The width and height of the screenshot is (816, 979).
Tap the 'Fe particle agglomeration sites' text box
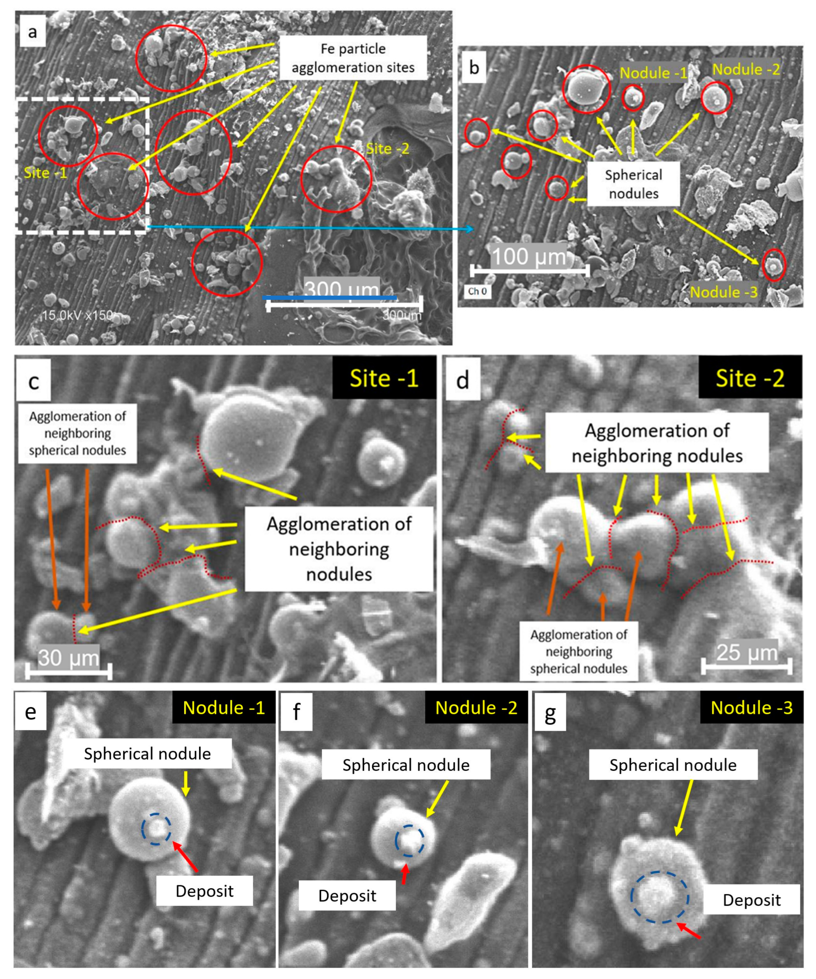point(353,58)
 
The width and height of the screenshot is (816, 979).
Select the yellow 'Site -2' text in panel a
point(387,149)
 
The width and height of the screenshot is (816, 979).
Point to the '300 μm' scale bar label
point(341,289)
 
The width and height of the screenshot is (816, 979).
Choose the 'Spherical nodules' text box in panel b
point(633,184)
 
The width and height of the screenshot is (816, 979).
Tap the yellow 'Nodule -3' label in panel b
point(724,292)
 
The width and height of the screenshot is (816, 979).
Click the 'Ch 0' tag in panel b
point(478,291)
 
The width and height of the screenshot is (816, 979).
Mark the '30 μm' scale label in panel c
point(69,658)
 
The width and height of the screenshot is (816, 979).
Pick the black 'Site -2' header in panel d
point(750,378)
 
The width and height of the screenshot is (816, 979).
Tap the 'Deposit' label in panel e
point(204,891)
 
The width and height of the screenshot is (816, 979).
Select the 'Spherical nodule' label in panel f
point(406,765)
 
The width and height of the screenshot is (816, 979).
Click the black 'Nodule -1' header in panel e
point(224,708)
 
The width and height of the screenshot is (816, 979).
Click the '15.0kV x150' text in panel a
point(77,316)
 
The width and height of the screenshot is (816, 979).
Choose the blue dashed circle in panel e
point(157,829)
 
